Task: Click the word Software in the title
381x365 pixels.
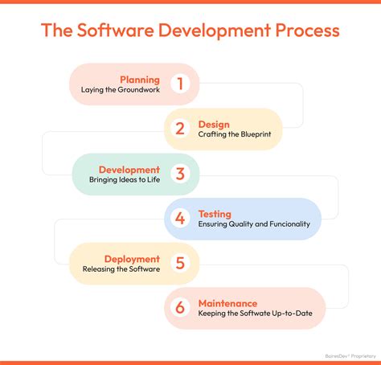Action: pos(116,31)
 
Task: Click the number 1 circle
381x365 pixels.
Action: pos(180,84)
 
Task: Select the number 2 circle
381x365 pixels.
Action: pos(180,129)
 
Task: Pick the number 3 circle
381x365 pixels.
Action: pos(180,174)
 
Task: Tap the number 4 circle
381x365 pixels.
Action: pos(181,219)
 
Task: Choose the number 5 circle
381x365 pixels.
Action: pos(180,263)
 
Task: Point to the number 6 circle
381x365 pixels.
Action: pos(181,308)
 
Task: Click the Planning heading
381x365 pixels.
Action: pos(140,80)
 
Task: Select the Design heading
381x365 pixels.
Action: pos(214,125)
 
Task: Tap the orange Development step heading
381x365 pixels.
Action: pos(129,170)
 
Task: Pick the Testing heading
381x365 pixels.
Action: pos(215,214)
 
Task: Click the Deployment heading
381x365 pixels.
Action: pos(131,259)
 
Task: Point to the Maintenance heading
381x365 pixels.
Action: pos(228,303)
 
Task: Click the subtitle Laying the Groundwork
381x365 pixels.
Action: pos(121,90)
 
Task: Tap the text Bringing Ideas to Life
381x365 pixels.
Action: pos(125,180)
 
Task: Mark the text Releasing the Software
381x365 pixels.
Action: pos(125,269)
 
